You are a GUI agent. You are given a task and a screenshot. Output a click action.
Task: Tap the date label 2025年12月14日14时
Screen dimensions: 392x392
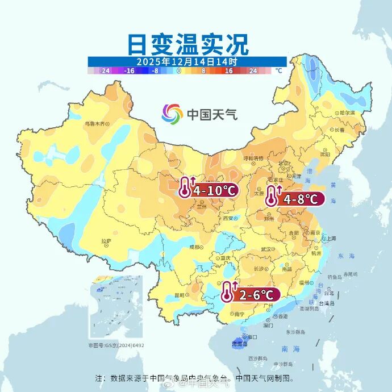[187, 61]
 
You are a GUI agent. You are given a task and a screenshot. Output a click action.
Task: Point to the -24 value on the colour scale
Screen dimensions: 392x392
[105, 71]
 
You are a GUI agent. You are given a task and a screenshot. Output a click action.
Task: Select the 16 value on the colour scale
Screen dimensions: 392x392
[229, 71]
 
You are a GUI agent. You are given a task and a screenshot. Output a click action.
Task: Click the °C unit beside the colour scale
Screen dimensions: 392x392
[278, 71]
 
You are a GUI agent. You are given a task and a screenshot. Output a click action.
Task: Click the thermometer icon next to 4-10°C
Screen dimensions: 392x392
[185, 187]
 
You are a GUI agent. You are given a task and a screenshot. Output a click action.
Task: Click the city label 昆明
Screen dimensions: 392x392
[180, 295]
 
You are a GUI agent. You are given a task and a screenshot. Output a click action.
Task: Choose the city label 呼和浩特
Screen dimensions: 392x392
[253, 158]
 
